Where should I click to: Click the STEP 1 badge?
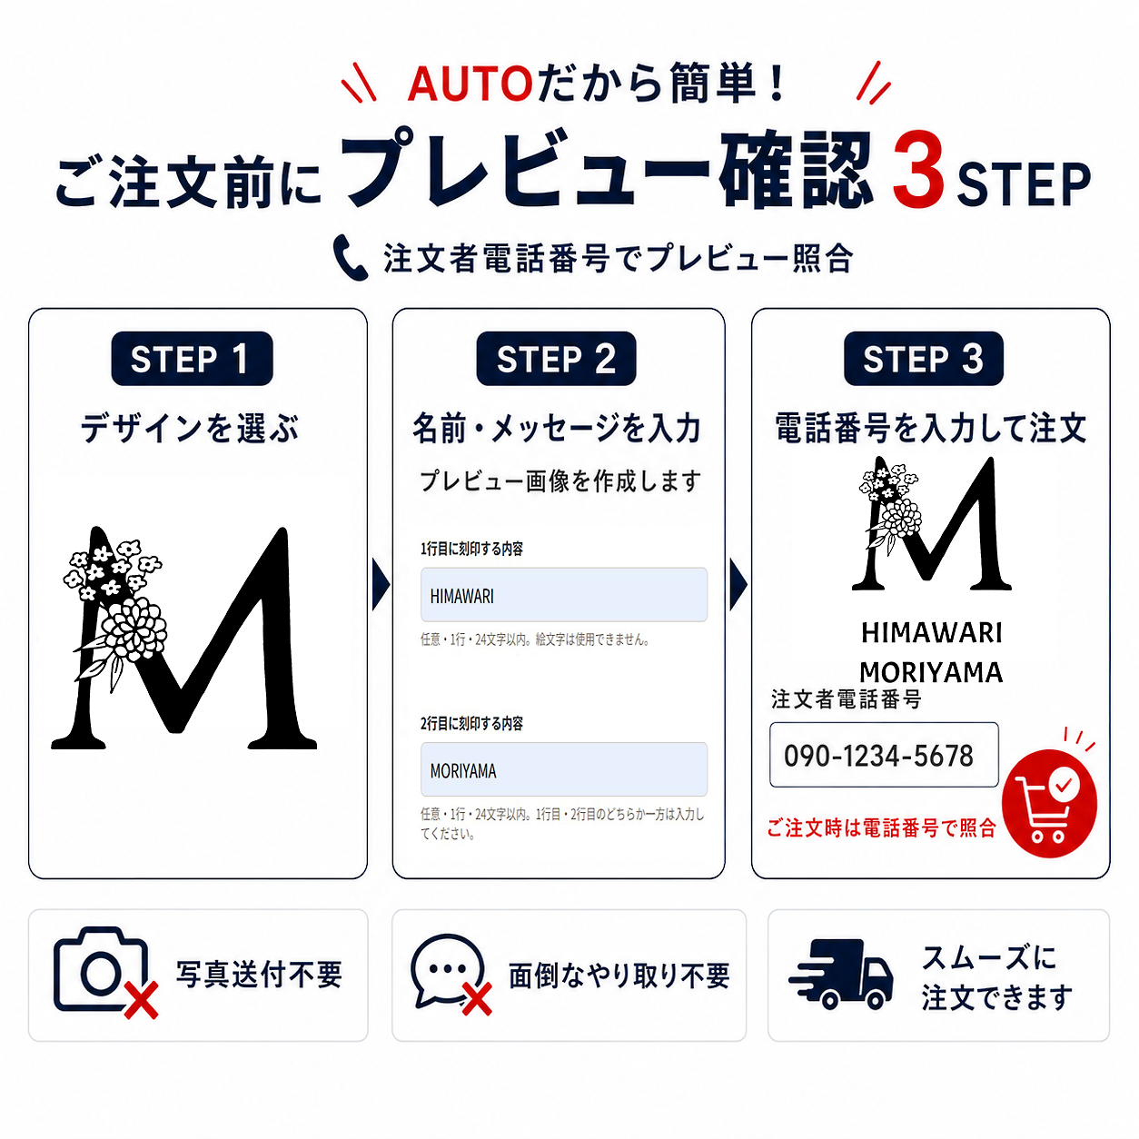(x=192, y=358)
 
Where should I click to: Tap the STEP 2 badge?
(x=556, y=358)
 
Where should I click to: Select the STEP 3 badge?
(x=923, y=358)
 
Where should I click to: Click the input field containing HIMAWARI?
(x=563, y=594)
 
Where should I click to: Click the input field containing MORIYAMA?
(x=563, y=769)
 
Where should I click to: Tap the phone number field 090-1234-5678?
(x=884, y=755)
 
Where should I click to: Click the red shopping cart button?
(x=1049, y=804)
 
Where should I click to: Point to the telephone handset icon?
(x=350, y=257)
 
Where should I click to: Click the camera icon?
(x=101, y=970)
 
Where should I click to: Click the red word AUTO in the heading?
(x=470, y=84)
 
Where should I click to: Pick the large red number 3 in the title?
(x=917, y=170)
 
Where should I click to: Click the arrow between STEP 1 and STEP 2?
(x=381, y=584)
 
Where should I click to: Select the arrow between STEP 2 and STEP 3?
(x=738, y=584)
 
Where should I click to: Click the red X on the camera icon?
(x=141, y=1000)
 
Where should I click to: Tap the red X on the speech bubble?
(x=477, y=999)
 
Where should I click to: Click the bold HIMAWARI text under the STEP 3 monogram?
(x=931, y=632)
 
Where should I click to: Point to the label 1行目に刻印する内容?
(x=471, y=549)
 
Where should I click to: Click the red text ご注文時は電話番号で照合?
(x=881, y=828)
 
